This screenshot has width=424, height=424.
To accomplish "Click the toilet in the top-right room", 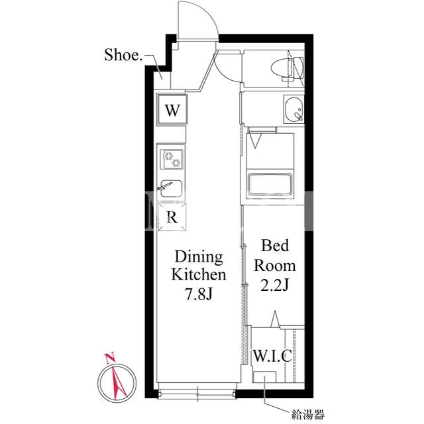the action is (287, 69).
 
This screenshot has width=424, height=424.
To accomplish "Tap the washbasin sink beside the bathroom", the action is (294, 110).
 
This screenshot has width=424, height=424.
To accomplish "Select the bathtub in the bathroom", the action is (270, 184).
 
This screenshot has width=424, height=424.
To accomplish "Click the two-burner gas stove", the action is (172, 159).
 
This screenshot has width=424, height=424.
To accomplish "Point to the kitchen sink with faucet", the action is (171, 188).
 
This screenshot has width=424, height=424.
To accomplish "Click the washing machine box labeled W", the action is (172, 109).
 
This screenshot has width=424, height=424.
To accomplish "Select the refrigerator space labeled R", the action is (172, 217).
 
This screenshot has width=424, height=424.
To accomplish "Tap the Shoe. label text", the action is (123, 55).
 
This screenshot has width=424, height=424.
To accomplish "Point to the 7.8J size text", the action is (199, 294).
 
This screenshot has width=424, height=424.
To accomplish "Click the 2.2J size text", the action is (275, 285).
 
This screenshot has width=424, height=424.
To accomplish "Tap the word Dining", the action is (199, 257).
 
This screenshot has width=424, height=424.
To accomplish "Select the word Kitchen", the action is (199, 274).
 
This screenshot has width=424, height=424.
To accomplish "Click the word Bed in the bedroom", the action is (275, 246).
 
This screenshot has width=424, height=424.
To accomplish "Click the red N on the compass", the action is (110, 358).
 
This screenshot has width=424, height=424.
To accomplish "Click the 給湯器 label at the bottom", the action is (307, 414).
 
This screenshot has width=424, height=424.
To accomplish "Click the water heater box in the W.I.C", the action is (264, 377).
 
